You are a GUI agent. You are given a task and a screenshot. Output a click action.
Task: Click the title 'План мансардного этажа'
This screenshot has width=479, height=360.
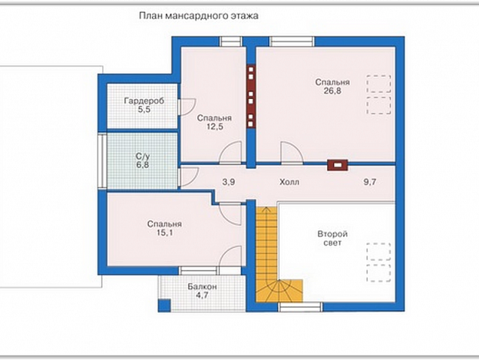(199, 16)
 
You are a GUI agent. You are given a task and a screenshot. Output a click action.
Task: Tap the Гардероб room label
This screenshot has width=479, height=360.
(144, 101)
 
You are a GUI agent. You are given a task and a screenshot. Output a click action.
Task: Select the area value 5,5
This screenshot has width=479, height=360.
(144, 110)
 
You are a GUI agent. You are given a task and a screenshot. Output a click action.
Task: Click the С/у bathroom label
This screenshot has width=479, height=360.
(143, 157)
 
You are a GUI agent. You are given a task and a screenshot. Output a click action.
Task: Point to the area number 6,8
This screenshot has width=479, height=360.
(143, 166)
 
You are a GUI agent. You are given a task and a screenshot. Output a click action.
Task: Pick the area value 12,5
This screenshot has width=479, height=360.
(215, 126)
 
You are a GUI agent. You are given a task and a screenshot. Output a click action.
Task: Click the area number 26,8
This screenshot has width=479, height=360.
(332, 91)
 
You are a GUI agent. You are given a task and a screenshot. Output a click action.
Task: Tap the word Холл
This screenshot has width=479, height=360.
(289, 182)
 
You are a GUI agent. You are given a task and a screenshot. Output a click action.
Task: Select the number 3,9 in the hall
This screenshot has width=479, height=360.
(228, 182)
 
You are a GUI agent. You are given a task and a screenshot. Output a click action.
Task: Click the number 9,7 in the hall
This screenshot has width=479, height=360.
(369, 182)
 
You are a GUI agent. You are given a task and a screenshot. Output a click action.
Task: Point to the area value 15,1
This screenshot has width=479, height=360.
(165, 233)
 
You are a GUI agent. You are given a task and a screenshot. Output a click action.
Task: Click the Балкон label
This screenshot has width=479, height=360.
(202, 287)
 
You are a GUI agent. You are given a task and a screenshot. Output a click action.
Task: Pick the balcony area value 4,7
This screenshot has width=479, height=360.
(202, 296)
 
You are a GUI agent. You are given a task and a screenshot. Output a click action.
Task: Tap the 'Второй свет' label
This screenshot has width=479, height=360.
(332, 238)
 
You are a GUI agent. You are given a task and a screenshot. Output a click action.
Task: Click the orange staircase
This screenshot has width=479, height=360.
(267, 254)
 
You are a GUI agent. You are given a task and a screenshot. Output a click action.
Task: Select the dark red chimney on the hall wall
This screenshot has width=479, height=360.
(338, 165)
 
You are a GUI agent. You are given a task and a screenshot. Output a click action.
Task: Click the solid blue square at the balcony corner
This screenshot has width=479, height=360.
(165, 305)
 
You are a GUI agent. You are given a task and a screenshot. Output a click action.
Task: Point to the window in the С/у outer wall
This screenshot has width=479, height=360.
(102, 161)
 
